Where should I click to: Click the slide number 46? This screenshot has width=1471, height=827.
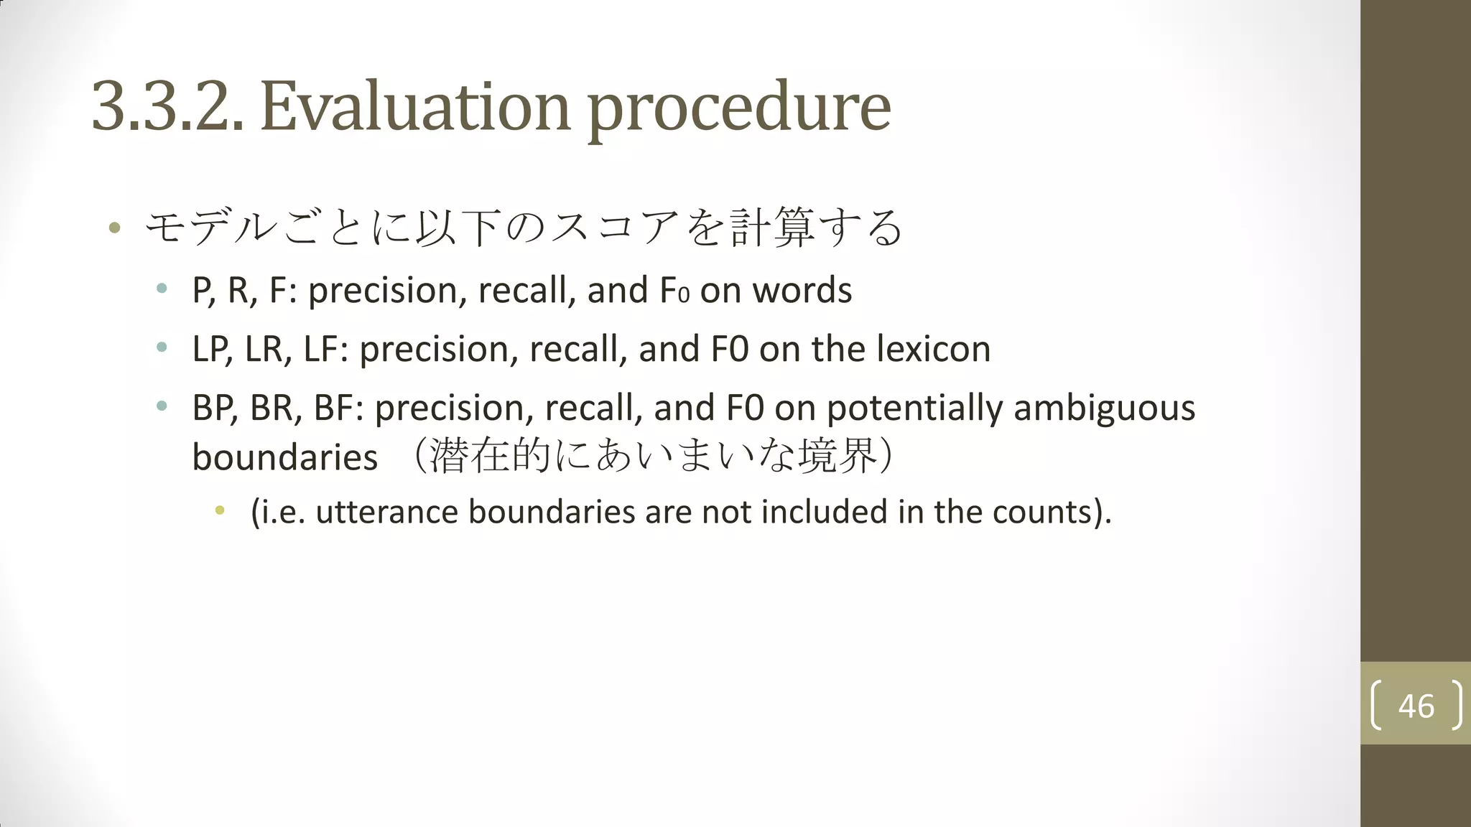pyautogui.click(x=1416, y=706)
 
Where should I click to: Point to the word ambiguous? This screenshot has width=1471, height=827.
pyautogui.click(x=1104, y=408)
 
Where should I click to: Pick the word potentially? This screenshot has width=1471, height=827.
pyautogui.click(x=914, y=408)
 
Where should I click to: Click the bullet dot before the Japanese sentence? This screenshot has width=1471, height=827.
pyautogui.click(x=114, y=228)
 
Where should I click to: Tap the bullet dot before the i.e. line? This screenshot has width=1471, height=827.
pyautogui.click(x=220, y=511)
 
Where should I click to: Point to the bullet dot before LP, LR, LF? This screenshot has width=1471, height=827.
pyautogui.click(x=162, y=348)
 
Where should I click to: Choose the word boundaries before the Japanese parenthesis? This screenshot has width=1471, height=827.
pyautogui.click(x=284, y=458)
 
